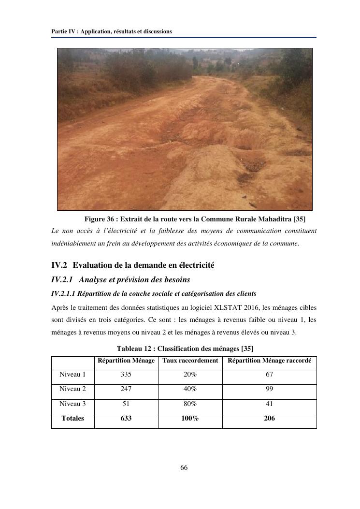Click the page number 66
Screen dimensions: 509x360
tap(184, 467)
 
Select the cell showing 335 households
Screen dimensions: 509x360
tap(126, 375)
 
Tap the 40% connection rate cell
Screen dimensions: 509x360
tap(190, 389)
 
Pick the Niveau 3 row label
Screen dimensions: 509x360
tap(72, 404)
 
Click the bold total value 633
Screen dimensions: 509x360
tap(126, 418)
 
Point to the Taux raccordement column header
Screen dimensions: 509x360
tap(190, 361)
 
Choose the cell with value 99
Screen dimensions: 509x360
tap(269, 389)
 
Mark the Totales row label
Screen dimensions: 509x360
tap(72, 418)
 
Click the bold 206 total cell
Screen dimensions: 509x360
tap(269, 418)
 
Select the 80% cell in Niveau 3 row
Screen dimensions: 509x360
tap(190, 404)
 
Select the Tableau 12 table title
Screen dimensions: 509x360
tap(185, 349)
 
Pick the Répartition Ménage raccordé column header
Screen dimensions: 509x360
tap(269, 361)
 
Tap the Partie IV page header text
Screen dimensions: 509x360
tap(112, 31)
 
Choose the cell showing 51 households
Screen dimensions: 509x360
tap(126, 404)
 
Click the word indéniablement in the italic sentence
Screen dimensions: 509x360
tap(73, 243)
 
